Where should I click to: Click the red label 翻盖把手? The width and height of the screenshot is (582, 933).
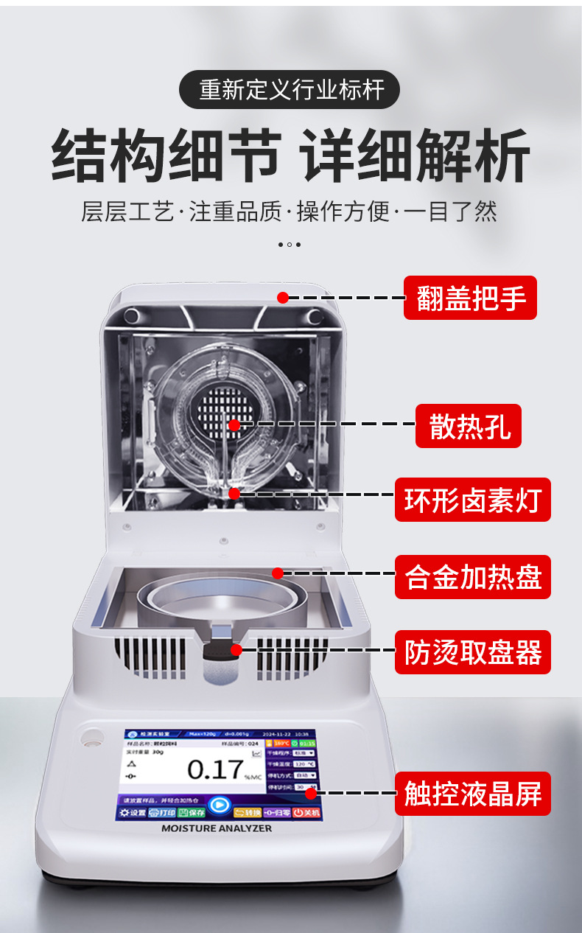[x=470, y=298]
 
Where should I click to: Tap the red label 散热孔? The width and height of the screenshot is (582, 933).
[x=468, y=425]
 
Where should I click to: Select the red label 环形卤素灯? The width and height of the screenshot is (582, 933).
[x=472, y=500]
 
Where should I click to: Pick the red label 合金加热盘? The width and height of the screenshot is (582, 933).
[x=472, y=577]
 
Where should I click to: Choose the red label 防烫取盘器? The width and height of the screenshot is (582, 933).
[x=472, y=651]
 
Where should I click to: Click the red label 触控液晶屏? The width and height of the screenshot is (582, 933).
[x=472, y=793]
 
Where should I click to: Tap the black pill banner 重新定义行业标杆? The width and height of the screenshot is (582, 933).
[x=290, y=90]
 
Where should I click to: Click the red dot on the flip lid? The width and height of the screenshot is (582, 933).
[x=282, y=297]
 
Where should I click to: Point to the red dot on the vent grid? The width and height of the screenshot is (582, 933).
[x=234, y=424]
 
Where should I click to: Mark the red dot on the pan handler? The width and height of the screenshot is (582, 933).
[x=236, y=649]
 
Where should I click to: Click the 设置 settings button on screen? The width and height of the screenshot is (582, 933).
[x=131, y=813]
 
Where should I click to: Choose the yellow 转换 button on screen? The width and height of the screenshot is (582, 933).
[x=248, y=813]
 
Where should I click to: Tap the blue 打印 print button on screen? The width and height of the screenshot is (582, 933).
[x=162, y=813]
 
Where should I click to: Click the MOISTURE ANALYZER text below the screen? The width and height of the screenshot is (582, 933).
[x=217, y=828]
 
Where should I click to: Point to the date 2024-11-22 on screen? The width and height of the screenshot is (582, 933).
[x=278, y=735]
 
